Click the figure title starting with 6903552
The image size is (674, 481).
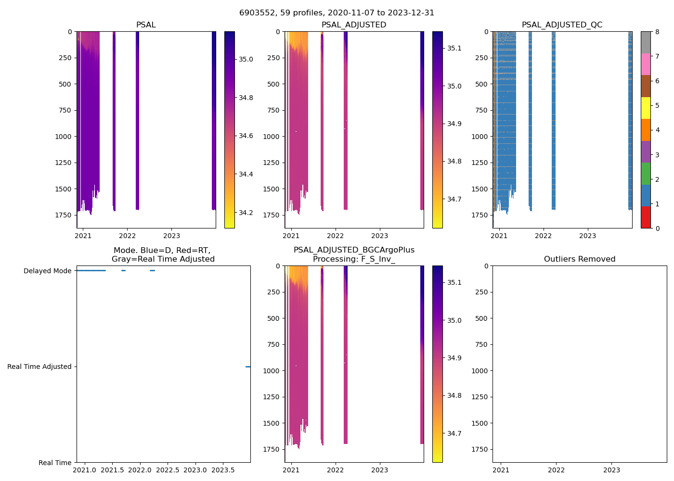[x=337, y=13]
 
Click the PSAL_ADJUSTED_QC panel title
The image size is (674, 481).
[x=562, y=25]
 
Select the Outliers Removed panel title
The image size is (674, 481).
[x=579, y=259]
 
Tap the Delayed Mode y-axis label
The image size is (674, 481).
[x=47, y=271]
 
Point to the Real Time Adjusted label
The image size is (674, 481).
[x=39, y=367]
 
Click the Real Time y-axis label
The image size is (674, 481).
[x=55, y=463]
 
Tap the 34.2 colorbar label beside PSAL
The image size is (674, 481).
[x=246, y=213]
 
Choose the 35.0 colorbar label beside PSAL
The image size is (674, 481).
[x=246, y=59]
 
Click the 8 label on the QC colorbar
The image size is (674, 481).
[x=657, y=32]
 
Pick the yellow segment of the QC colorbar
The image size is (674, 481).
[x=646, y=108]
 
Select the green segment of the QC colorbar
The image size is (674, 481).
[x=646, y=174]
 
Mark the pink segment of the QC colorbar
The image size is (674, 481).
[x=646, y=64]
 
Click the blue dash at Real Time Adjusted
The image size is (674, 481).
[x=248, y=367]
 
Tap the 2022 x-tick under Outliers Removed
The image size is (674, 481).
[x=556, y=470]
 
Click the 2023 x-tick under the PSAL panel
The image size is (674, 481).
[x=171, y=236]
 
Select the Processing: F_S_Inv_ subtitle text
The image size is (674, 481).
[x=354, y=259]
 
